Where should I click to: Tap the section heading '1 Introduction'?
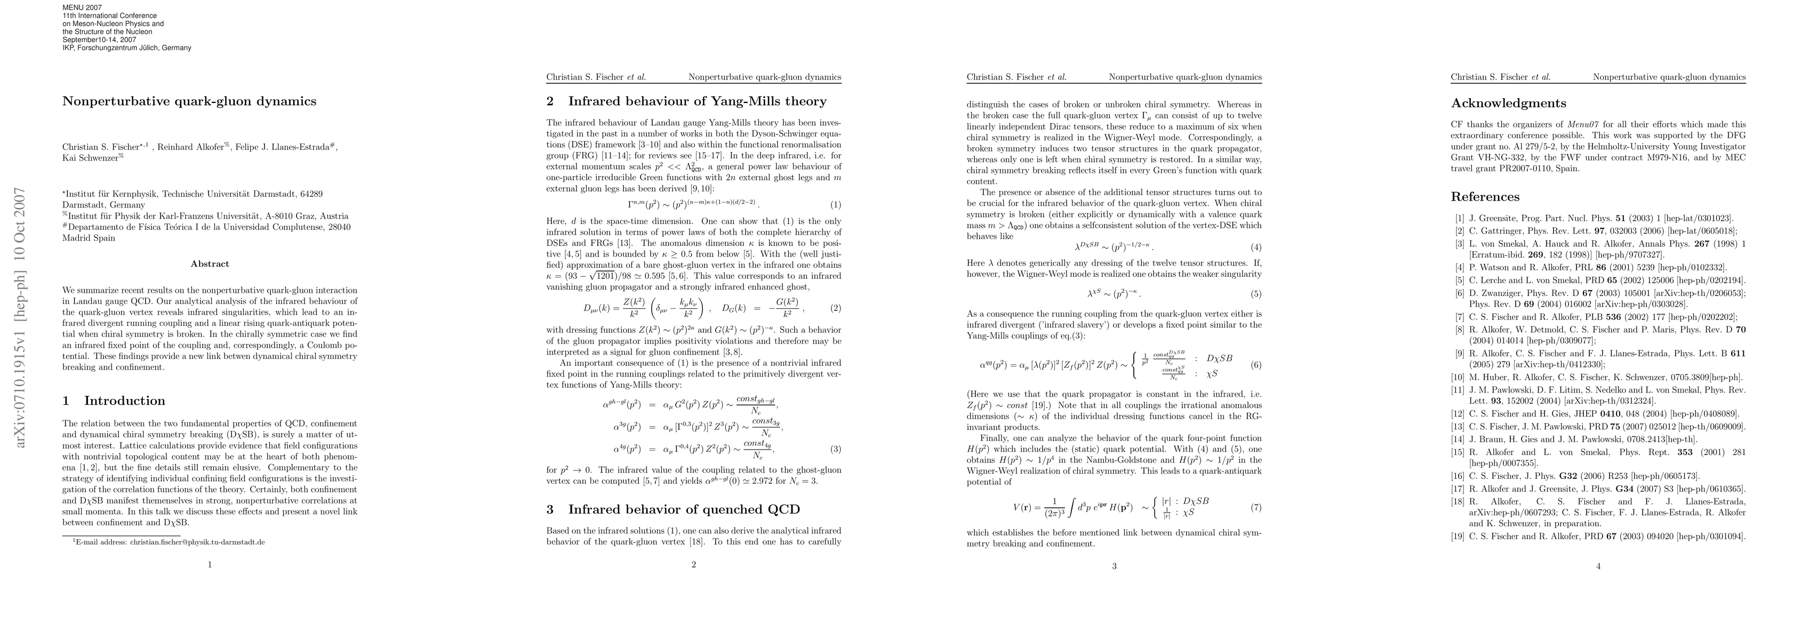114,401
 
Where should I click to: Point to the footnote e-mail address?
169,542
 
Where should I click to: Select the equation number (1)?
835,205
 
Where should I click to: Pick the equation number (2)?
835,308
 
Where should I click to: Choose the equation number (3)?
835,449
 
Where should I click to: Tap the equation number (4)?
1255,247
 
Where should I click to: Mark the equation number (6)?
1255,365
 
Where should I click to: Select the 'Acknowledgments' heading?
1508,103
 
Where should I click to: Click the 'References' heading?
1485,197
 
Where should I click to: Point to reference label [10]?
1458,377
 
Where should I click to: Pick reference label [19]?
1458,537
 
